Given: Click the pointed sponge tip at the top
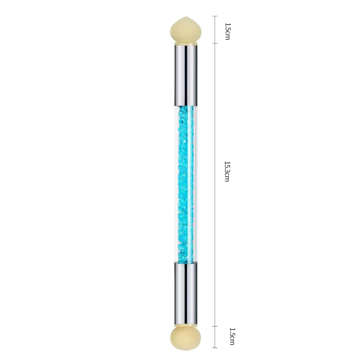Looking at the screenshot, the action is click(186, 29).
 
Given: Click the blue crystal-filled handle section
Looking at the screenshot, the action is click(186, 184).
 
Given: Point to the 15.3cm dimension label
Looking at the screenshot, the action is click(227, 171).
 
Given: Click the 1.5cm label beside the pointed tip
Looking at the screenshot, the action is click(227, 31).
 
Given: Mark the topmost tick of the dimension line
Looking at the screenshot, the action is click(215, 16).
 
